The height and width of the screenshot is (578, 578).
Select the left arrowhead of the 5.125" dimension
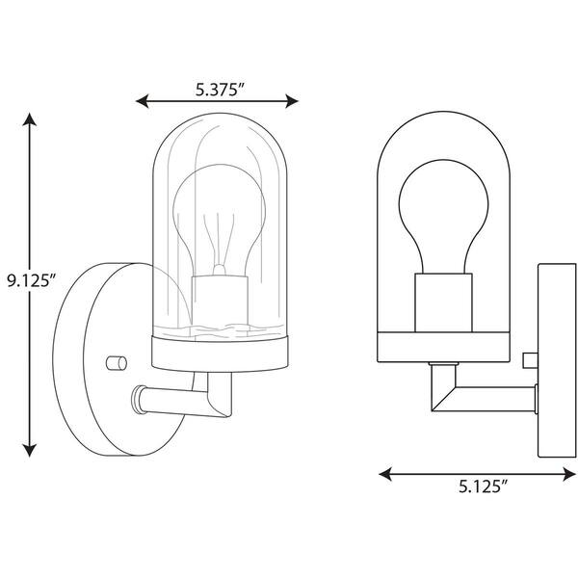pos(383,473)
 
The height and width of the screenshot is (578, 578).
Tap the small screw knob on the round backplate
pos(117,362)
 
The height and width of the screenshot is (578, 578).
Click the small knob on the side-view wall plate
pos(528,360)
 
